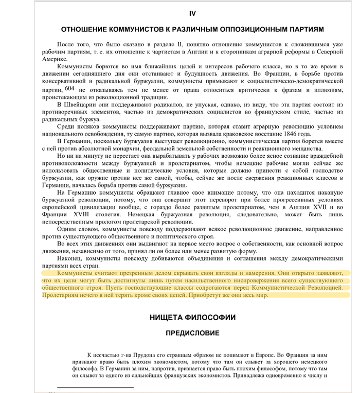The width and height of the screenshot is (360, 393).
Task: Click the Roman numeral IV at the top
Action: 192,13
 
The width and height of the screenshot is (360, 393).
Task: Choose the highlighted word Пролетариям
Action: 63,296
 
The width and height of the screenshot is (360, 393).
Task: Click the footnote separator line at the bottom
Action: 95,387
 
